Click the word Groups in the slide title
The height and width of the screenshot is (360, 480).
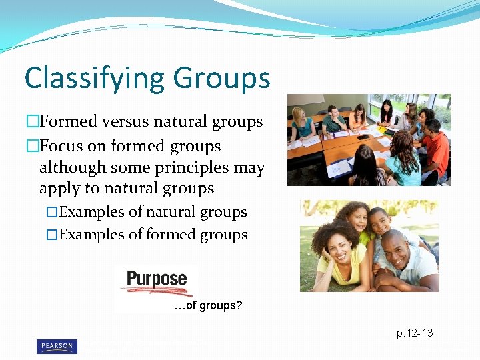[x=223, y=79]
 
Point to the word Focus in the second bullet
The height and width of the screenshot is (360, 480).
[x=63, y=145]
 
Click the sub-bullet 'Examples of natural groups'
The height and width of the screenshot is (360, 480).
[x=153, y=212]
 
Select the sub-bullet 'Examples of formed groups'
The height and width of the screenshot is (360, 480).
[x=153, y=235]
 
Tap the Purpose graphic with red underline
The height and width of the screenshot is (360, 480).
[x=157, y=281]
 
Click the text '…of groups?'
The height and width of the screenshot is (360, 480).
[x=207, y=306]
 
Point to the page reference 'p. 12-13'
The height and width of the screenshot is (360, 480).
[x=415, y=332]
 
